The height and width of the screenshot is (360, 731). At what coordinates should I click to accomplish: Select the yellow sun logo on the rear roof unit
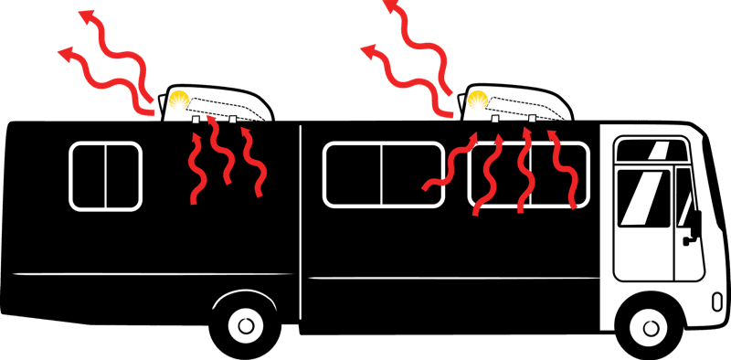pyautogui.click(x=181, y=102)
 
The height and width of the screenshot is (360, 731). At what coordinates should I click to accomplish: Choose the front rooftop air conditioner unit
pyautogui.click(x=517, y=105)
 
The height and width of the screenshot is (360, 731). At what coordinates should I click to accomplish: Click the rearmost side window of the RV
pyautogui.click(x=106, y=175)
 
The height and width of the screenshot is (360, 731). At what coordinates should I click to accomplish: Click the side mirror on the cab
pyautogui.click(x=694, y=224)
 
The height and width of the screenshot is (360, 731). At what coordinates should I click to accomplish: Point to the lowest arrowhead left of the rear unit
pyautogui.click(x=64, y=55)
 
